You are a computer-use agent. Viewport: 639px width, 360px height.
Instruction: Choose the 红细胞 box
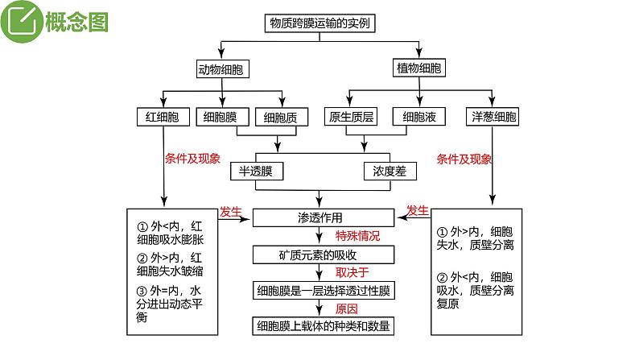point(163,118)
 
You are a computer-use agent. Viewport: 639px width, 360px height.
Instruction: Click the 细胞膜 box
point(221,118)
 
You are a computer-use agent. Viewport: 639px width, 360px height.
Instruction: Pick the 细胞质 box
point(281,118)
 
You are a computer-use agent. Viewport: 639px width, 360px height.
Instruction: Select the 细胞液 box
point(419,118)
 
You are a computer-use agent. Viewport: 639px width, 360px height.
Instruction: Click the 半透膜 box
point(256,172)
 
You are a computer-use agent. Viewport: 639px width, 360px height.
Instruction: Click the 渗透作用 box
point(324,217)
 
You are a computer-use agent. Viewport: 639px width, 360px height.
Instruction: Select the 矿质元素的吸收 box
point(323,255)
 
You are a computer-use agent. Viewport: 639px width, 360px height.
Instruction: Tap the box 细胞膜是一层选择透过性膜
point(324,291)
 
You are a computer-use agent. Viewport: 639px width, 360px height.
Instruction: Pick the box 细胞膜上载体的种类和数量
point(324,325)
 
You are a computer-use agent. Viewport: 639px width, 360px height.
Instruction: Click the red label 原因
point(346,308)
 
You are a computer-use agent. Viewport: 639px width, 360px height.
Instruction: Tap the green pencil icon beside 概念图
point(24,23)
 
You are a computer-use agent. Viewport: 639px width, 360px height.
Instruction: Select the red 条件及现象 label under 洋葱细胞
point(464,159)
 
